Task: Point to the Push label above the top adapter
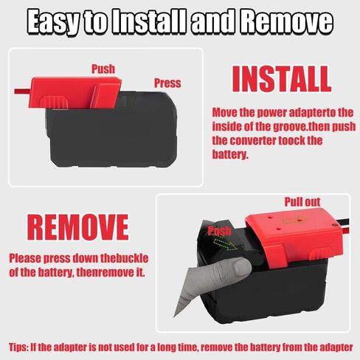[x=103, y=69]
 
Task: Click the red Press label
[x=167, y=83]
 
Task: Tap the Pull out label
[x=302, y=201]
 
